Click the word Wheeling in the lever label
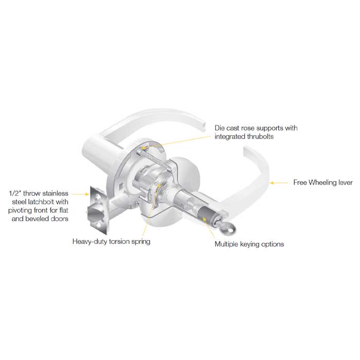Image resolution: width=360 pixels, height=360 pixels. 323,182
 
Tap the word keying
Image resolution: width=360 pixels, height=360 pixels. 250,244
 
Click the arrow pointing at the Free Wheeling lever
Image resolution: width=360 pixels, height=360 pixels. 280,182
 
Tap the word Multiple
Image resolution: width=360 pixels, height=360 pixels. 226,244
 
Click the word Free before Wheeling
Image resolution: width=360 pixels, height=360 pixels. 301,182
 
